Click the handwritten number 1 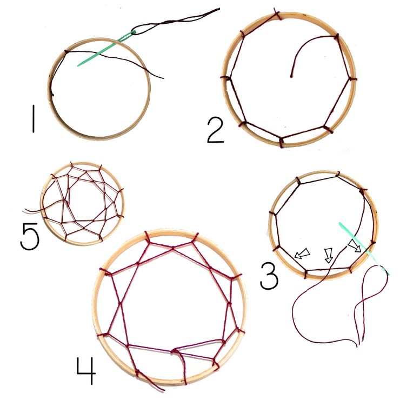click(x=34, y=118)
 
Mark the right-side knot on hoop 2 click(x=351, y=79)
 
